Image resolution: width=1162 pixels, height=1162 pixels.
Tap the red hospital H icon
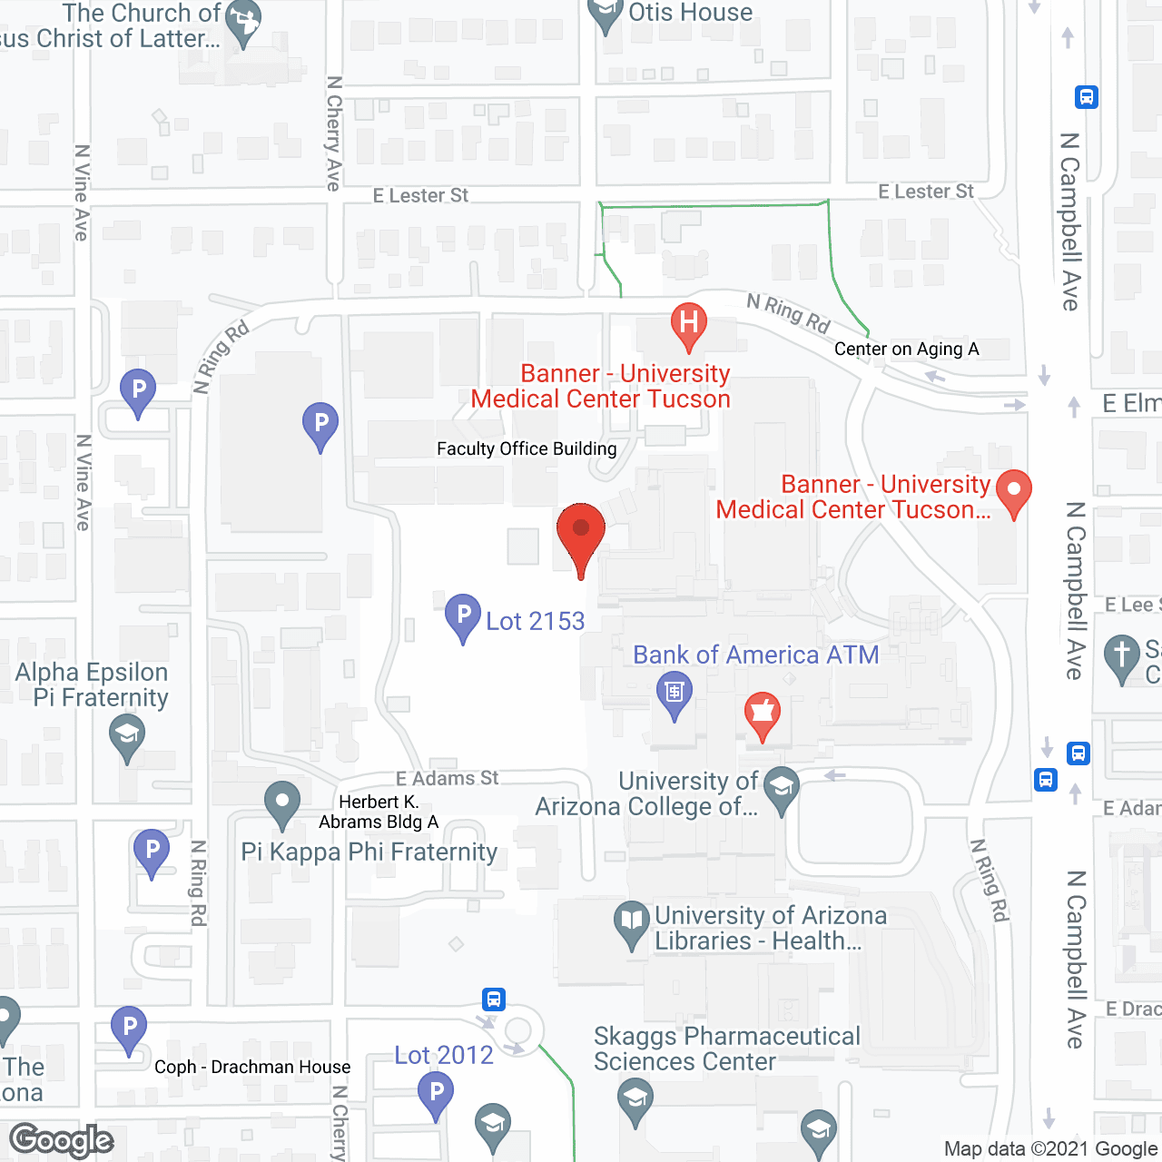689,324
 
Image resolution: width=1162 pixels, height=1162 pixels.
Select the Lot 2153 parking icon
463,616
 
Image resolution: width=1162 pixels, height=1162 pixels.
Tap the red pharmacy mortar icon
763,714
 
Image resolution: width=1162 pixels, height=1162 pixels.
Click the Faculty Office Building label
527,448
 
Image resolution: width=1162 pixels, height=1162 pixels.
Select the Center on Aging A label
906,349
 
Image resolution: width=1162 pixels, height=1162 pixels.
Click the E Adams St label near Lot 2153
447,778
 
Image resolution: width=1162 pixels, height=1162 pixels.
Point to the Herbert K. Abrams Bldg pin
282,803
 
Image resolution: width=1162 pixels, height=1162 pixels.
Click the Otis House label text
690,13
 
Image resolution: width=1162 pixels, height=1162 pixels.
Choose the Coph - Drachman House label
252,1067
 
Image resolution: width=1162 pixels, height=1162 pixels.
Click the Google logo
62,1140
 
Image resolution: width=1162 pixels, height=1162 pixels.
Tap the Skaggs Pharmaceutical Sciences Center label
726,1049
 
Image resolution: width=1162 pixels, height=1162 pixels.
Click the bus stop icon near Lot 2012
494,1000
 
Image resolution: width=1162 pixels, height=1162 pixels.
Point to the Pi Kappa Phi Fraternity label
369,852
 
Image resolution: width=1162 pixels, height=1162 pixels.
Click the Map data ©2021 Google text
1050,1149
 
